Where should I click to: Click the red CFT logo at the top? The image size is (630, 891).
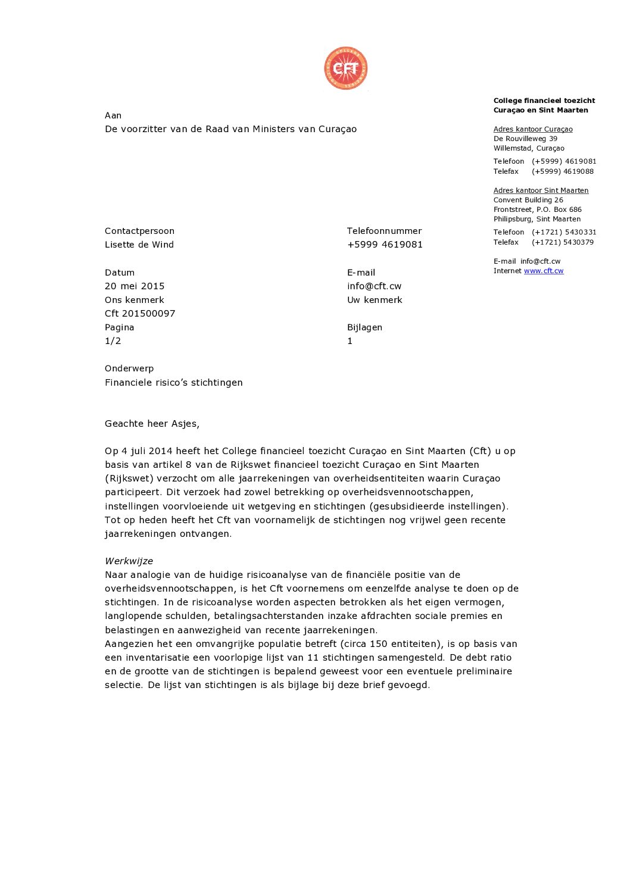coord(345,68)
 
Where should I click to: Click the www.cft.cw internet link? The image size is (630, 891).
coord(543,271)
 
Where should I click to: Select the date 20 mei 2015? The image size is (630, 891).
coord(135,286)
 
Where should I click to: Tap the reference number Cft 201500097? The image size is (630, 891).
coord(140,314)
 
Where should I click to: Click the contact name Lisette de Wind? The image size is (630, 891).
coord(139,245)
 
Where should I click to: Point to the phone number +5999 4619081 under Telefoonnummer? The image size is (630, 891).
coord(385,245)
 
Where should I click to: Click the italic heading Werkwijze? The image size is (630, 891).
coord(129,561)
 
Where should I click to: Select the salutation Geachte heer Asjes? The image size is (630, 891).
coord(152,424)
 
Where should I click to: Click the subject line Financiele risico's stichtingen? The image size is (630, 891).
coord(173,383)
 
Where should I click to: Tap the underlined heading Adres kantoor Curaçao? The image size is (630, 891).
coord(533,129)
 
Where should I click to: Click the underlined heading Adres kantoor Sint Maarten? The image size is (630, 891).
coord(541,190)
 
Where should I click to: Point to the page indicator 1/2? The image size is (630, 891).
coord(113,341)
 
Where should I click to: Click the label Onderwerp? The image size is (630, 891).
coord(129,368)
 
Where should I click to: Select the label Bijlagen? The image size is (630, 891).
coord(364,327)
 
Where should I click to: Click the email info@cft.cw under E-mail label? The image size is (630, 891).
coord(374,286)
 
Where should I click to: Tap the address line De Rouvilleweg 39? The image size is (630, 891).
coord(525,139)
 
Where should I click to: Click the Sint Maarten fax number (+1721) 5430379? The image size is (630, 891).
coord(562,242)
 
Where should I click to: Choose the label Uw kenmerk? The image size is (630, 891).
coord(375,300)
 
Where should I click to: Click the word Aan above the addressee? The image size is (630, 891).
coord(113,115)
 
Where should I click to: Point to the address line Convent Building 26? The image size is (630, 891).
coord(528,200)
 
